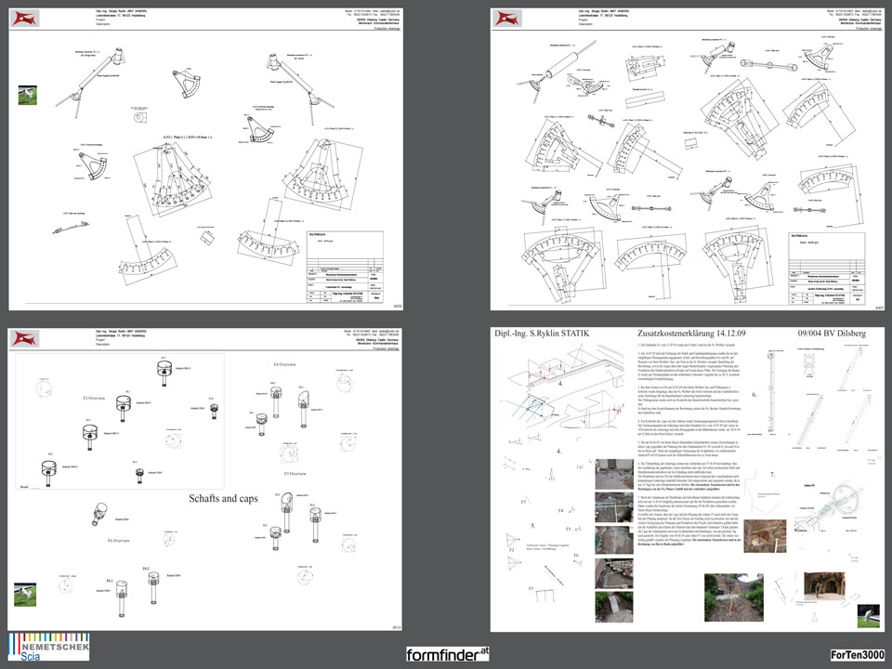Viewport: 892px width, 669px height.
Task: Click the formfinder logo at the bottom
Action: tap(448, 654)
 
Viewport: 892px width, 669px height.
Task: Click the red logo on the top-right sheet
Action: tap(508, 19)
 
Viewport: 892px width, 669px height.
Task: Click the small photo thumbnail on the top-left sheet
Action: tap(28, 95)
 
